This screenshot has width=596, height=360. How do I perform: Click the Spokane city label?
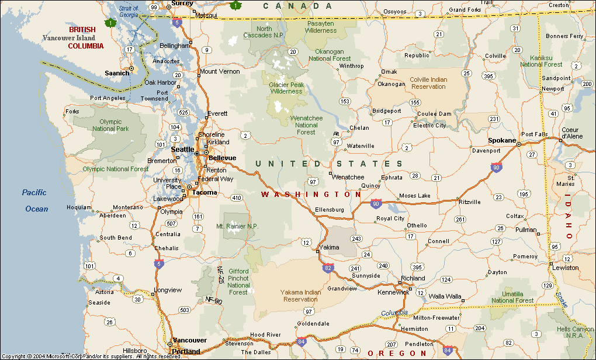click(x=502, y=140)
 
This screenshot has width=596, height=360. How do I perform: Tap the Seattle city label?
click(x=182, y=149)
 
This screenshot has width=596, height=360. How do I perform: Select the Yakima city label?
click(x=330, y=247)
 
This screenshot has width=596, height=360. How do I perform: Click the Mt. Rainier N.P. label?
click(x=237, y=226)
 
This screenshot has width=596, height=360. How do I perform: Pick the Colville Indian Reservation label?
click(x=428, y=83)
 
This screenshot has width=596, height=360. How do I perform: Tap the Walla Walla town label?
click(x=445, y=296)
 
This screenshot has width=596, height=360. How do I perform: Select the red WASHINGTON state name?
click(x=311, y=194)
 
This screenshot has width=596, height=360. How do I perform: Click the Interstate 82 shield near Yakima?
click(x=328, y=268)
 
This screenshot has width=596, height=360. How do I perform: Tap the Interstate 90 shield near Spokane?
click(x=496, y=168)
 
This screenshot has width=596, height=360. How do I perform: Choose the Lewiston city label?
click(x=566, y=268)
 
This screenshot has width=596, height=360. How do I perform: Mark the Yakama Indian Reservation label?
click(x=300, y=295)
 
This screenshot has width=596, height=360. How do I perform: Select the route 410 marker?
click(x=237, y=198)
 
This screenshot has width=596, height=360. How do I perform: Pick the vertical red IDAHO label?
click(x=569, y=219)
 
